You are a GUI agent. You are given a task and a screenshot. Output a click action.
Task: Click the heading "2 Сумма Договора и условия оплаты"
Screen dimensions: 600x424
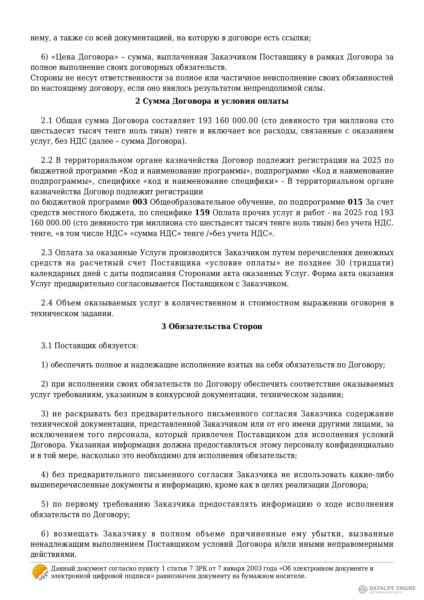tap(212, 101)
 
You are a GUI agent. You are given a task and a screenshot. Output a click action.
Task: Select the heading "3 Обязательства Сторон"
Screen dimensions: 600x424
tap(212, 326)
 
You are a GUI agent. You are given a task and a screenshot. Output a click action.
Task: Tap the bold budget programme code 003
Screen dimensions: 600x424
tap(140, 202)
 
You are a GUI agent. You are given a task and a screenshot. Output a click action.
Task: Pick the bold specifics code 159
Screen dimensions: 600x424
tap(202, 213)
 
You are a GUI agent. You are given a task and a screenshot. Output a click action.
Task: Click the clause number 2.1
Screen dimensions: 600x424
tap(46, 121)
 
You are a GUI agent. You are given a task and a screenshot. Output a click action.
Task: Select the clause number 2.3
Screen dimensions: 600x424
tap(46, 253)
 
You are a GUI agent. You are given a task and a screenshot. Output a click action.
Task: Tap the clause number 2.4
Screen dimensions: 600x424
tap(46, 303)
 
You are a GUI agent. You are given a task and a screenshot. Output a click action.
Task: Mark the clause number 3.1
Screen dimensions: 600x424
tap(46, 346)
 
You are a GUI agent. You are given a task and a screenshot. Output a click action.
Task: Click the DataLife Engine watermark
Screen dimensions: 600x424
tap(387, 589)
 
